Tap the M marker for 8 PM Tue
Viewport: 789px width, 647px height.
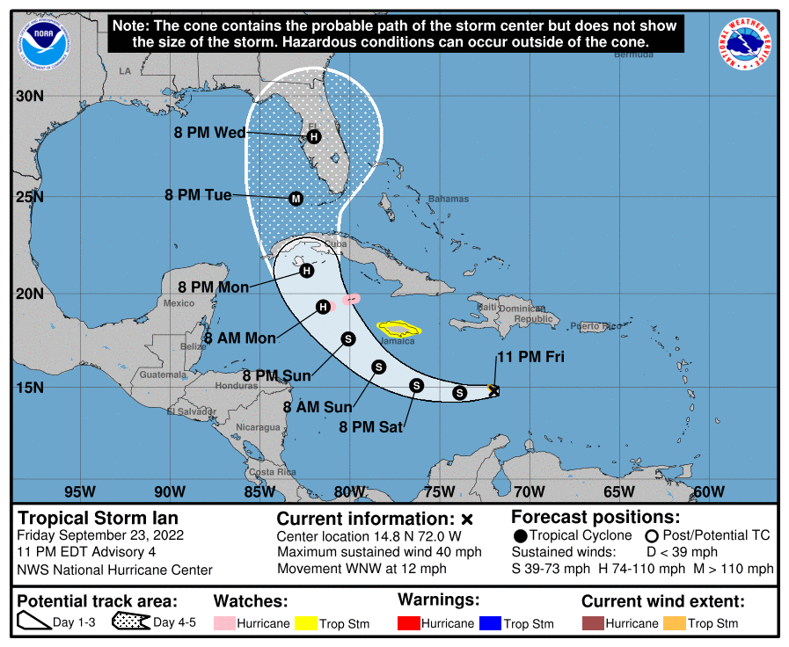click(296, 199)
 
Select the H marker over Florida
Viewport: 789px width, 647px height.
click(314, 136)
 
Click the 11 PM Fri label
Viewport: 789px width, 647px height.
click(530, 357)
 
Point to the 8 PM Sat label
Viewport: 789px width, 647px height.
click(370, 428)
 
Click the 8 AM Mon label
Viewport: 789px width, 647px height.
click(240, 338)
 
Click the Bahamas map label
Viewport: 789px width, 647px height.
click(448, 199)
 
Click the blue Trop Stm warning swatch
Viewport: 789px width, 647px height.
click(489, 623)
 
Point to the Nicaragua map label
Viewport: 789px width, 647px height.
click(259, 428)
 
